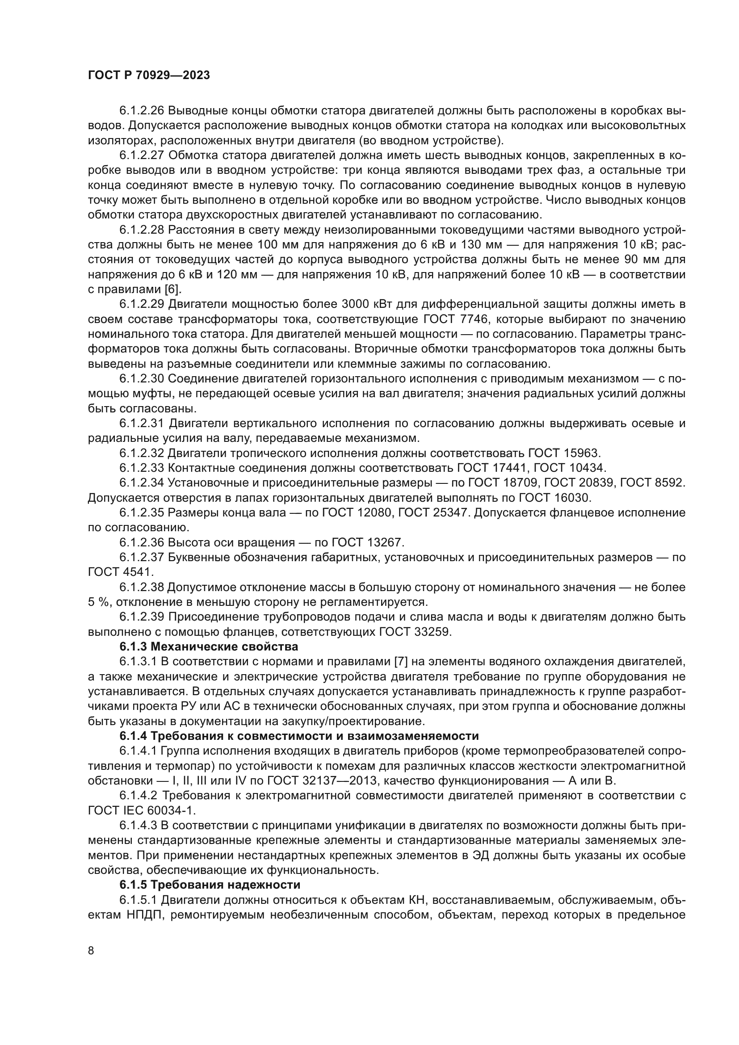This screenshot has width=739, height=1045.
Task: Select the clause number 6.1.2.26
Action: pyautogui.click(x=142, y=111)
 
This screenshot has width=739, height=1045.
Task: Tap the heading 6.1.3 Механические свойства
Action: pyautogui.click(x=208, y=646)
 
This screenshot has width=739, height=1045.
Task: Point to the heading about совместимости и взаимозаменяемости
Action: pyautogui.click(x=299, y=736)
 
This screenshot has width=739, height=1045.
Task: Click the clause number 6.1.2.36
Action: pyautogui.click(x=142, y=542)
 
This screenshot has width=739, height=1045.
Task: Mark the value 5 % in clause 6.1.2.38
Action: pyautogui.click(x=98, y=602)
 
